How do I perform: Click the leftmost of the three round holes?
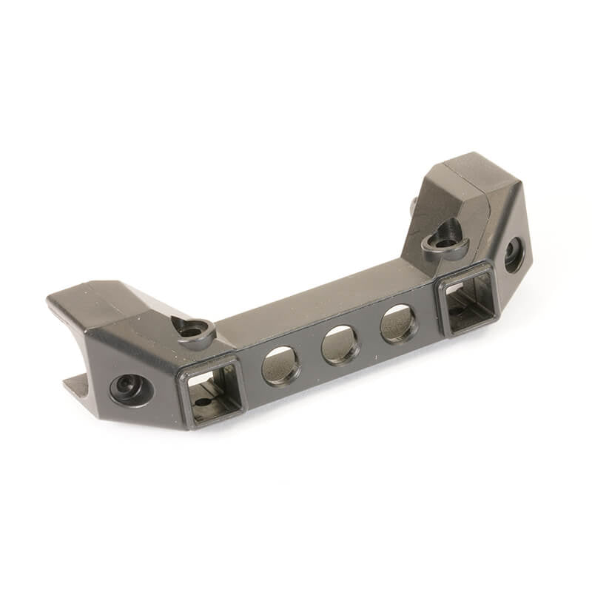coord(281,366)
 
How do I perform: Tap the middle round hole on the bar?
coord(340,345)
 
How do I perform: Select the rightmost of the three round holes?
coord(399,324)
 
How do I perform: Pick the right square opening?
coord(468,300)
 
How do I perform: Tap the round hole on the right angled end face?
coord(514,255)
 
